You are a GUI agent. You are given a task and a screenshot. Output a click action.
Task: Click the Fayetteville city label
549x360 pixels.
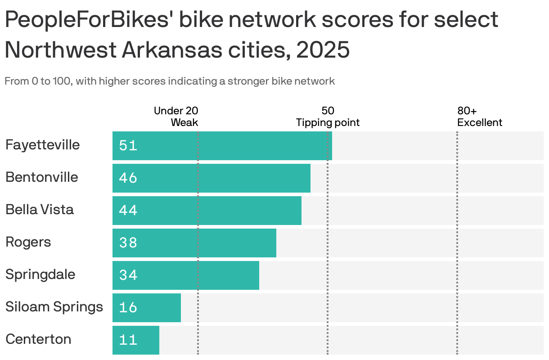[42, 145]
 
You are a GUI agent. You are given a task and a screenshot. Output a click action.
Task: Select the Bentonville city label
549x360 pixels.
[42, 177]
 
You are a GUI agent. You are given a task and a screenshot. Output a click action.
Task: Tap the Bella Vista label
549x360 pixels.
[40, 210]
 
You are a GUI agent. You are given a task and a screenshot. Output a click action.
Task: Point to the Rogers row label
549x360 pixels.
[28, 242]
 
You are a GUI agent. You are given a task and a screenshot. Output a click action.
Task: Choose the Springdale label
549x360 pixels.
[40, 274]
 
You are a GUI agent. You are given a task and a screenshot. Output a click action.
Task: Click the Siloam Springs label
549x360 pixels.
[54, 307]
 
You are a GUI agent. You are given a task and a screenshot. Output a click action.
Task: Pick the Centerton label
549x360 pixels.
[38, 339]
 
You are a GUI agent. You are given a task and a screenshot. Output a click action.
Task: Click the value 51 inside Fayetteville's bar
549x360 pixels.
[128, 146]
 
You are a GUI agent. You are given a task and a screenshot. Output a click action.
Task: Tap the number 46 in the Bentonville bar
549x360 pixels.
[128, 178]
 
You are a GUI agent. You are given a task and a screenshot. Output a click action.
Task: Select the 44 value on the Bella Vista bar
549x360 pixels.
[128, 211]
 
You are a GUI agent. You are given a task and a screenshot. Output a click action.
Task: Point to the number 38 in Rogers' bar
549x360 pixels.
[128, 243]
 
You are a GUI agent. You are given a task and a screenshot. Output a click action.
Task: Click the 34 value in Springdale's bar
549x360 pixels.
[128, 275]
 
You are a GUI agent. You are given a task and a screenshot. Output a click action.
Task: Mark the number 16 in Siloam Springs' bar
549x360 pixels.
[128, 308]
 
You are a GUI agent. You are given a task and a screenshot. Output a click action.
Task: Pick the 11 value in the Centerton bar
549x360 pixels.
[128, 340]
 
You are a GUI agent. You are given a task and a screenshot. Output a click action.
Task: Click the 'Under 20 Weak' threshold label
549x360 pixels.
[176, 117]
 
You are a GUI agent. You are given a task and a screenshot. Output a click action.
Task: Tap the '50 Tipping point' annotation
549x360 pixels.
[328, 117]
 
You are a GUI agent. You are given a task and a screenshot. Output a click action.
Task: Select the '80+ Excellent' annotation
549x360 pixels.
[479, 117]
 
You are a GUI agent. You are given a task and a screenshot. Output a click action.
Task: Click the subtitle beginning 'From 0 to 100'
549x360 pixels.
[170, 81]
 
